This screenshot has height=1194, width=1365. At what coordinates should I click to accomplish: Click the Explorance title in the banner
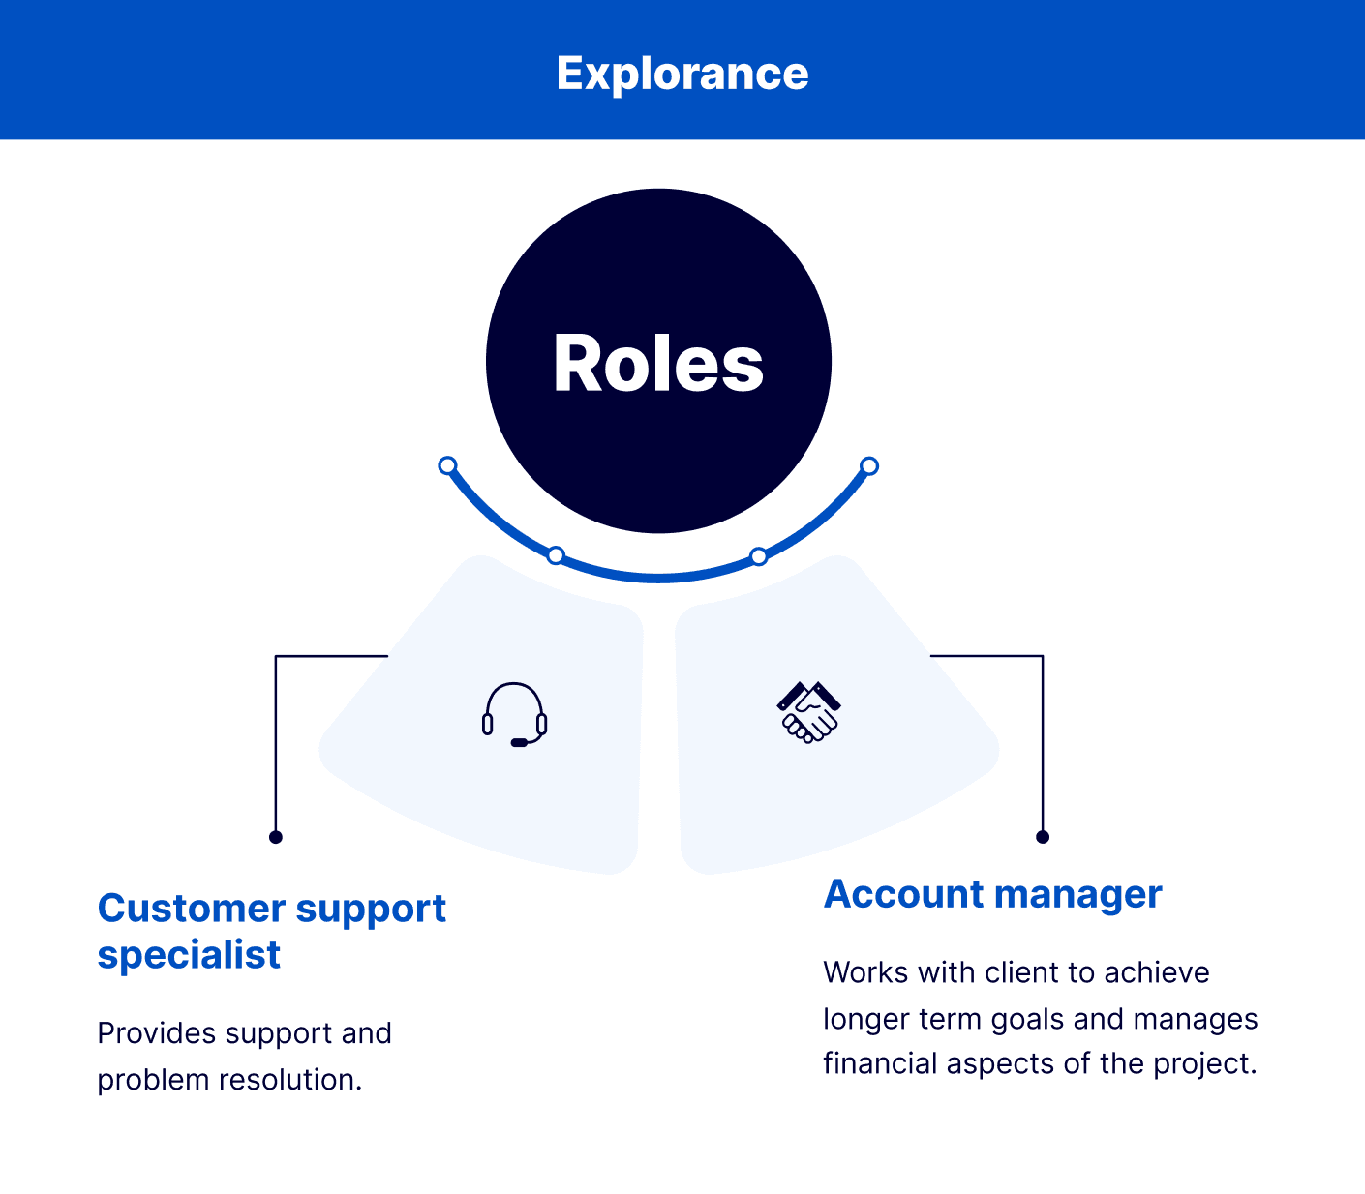pyautogui.click(x=682, y=74)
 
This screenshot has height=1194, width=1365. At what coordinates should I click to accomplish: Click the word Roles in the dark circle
pyautogui.click(x=658, y=364)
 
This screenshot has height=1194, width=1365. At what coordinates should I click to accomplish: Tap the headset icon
pyautogui.click(x=515, y=715)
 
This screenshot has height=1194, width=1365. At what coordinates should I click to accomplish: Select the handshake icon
pyautogui.click(x=809, y=712)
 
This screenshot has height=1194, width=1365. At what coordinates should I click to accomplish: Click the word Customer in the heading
pyautogui.click(x=191, y=909)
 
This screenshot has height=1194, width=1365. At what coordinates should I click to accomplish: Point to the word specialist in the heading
pyautogui.click(x=189, y=955)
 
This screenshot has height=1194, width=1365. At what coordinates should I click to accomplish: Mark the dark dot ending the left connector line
pyautogui.click(x=276, y=837)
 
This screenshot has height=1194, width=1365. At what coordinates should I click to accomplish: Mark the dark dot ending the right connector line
pyautogui.click(x=1043, y=837)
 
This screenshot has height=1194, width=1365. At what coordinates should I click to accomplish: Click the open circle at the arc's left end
pyautogui.click(x=447, y=465)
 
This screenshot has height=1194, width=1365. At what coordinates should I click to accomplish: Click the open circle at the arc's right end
pyautogui.click(x=869, y=466)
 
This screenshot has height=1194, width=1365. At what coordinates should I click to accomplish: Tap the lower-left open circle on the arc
pyautogui.click(x=556, y=555)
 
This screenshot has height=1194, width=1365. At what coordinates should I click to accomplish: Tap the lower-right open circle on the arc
pyautogui.click(x=759, y=556)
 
